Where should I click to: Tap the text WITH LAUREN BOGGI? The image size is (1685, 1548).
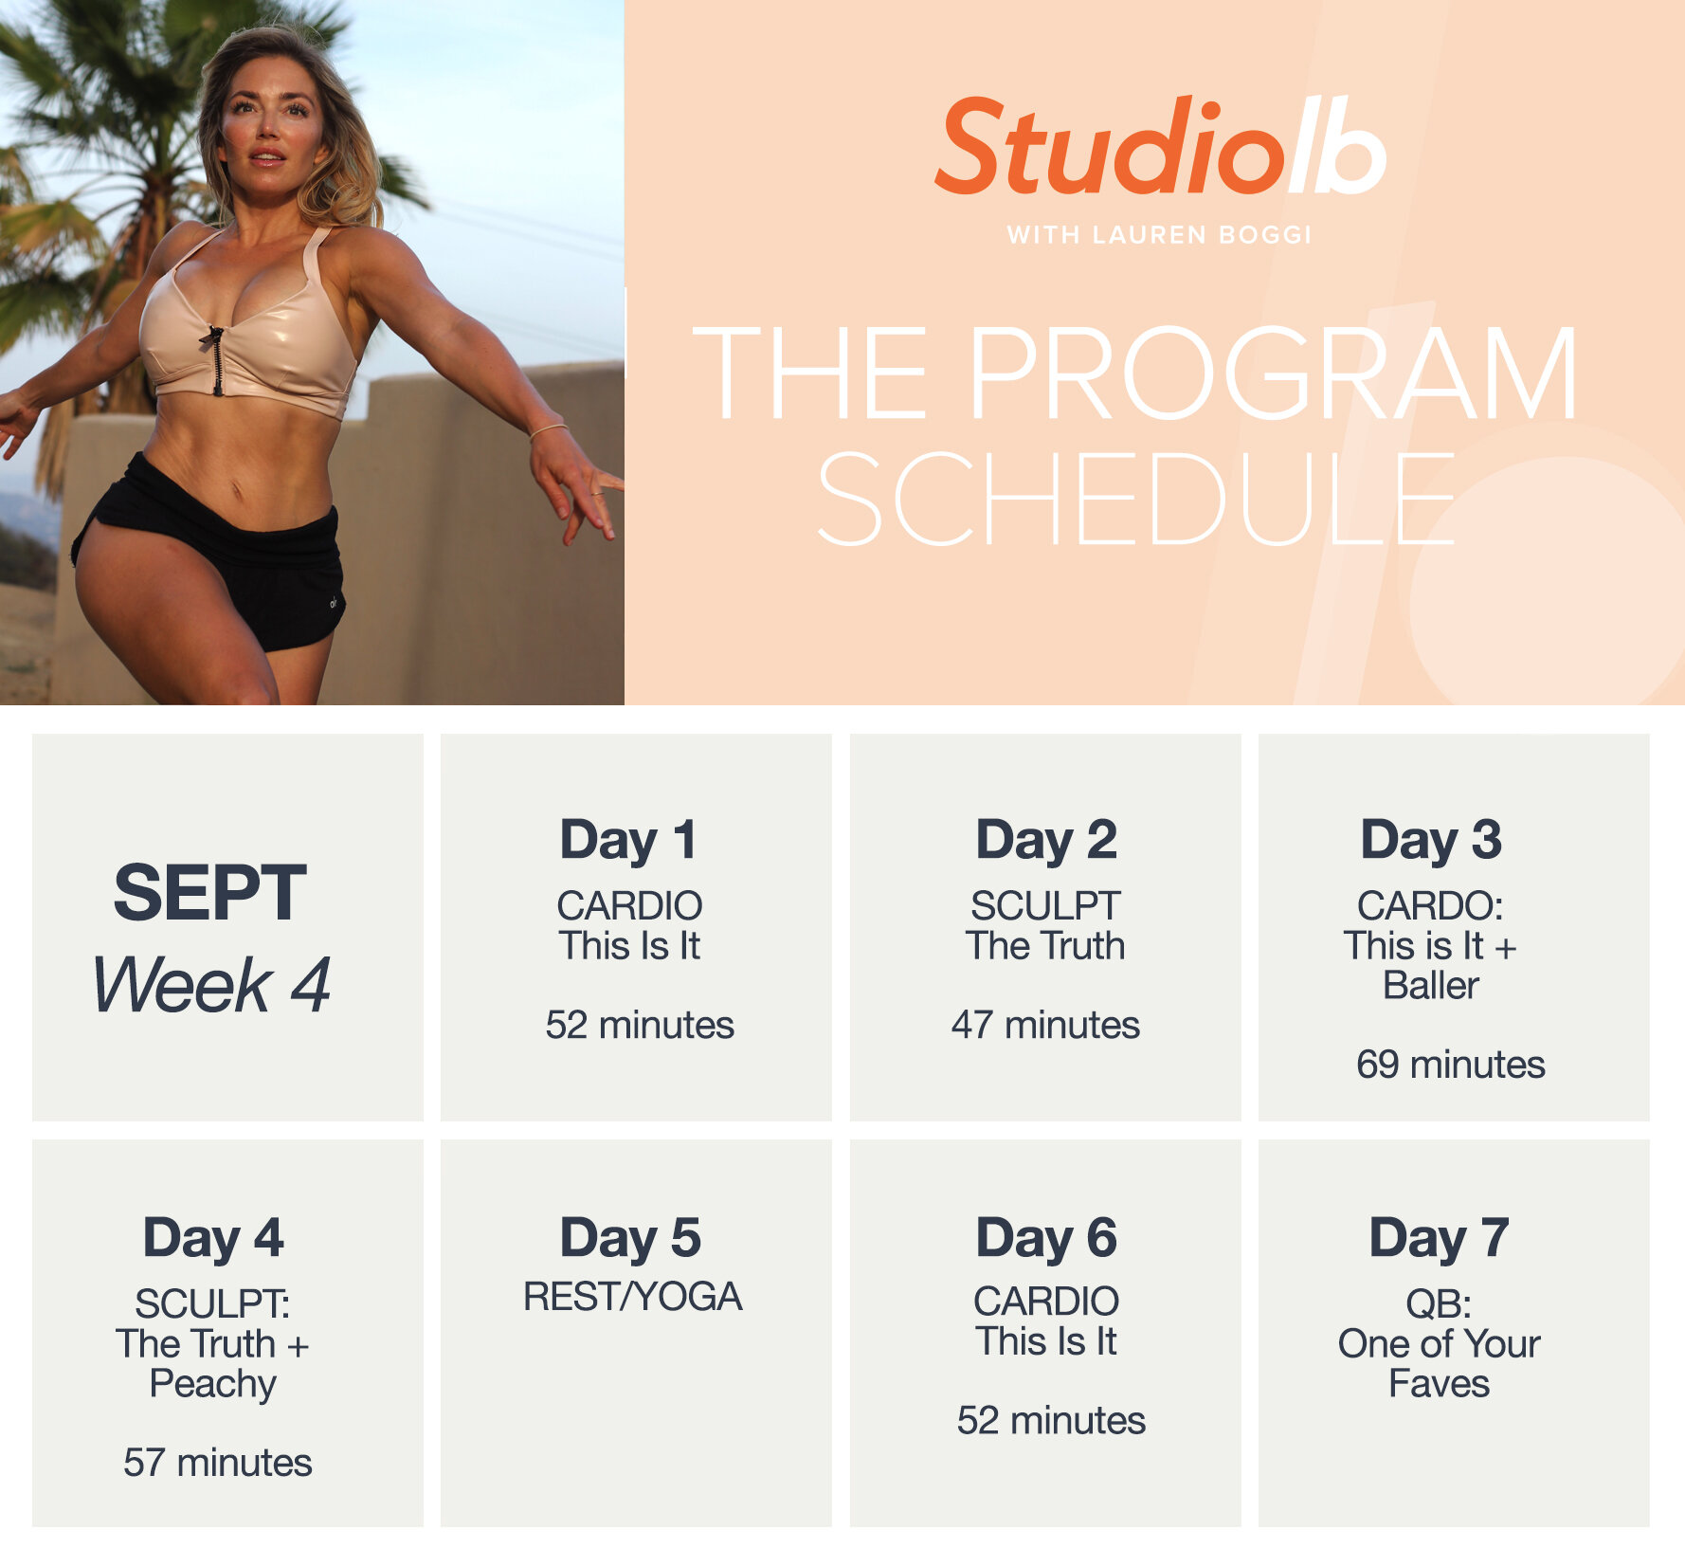1159,235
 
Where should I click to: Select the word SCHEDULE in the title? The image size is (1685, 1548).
1135,499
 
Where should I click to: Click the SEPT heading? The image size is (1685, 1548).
209,893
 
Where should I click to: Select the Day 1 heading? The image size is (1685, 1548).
628,840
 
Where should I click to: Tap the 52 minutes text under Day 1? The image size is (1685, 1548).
640,1025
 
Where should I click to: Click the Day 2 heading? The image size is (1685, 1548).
1046,840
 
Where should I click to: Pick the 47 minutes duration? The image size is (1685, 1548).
1045,1025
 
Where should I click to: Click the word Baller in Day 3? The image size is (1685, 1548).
1430,986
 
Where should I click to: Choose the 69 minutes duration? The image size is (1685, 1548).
1450,1065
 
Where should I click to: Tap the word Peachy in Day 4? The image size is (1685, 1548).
213,1384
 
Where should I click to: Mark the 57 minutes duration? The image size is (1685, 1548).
217,1463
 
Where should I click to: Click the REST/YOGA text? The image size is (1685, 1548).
632,1297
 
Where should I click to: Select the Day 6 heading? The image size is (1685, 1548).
1046,1238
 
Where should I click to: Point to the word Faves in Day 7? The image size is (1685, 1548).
1439,1384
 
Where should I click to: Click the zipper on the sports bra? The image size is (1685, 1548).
217,359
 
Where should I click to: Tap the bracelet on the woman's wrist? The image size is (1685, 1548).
548,430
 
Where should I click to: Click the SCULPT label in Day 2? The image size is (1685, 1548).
1045,906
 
